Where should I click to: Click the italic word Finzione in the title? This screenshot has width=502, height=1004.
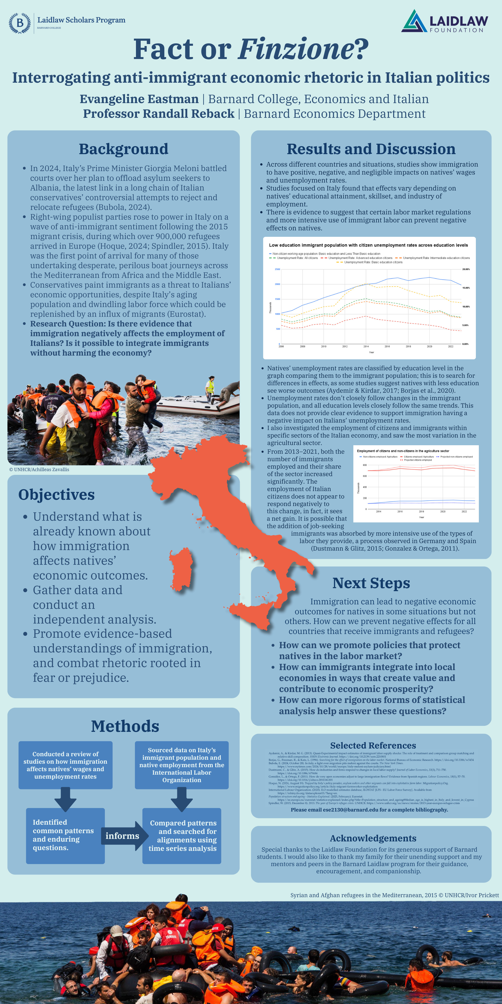[296, 49]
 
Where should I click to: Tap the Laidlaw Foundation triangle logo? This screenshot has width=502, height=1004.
[414, 21]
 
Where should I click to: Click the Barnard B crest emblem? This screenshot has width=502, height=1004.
[19, 23]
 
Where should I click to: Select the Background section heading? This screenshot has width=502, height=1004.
[124, 149]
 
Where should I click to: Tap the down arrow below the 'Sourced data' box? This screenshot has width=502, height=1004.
[182, 799]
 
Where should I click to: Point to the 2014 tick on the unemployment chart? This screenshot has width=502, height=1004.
[366, 346]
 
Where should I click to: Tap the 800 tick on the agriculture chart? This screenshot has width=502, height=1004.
[364, 465]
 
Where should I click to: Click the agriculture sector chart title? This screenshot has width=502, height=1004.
[403, 451]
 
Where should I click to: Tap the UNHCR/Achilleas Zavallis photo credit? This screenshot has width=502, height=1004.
[39, 470]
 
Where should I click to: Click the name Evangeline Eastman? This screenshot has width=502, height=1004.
[139, 99]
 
